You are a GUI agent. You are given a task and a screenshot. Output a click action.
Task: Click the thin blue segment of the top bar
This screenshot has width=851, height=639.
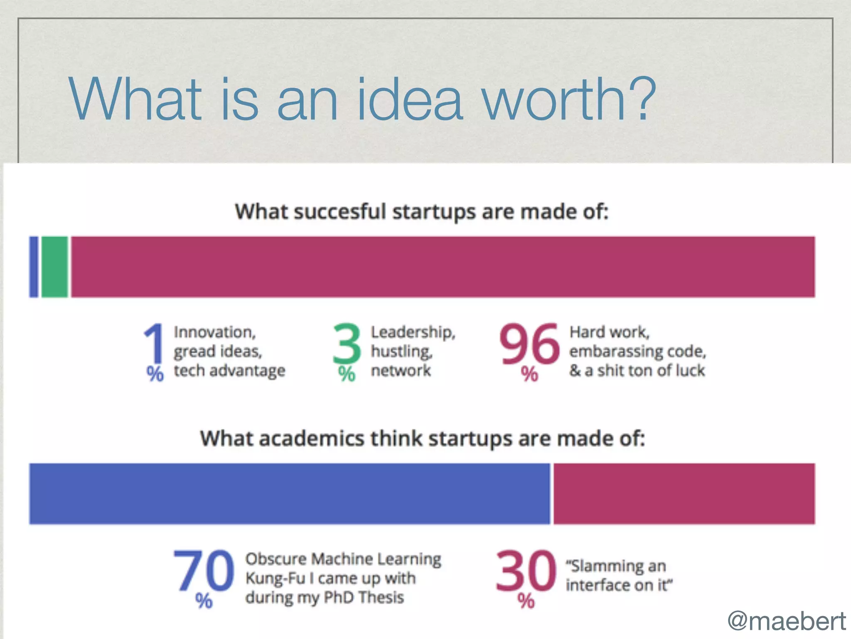coord(34,267)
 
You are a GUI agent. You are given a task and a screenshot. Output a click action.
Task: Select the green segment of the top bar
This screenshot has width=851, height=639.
coord(54,267)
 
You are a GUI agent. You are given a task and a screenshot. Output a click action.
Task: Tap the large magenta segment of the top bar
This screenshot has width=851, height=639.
coord(443,267)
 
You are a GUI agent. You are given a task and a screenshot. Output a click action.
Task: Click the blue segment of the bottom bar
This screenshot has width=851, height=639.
coord(290,493)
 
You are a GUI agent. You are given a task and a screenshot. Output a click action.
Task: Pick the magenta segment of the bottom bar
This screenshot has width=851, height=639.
coord(684,493)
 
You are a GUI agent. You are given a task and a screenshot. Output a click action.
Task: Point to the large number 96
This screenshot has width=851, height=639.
coord(529,344)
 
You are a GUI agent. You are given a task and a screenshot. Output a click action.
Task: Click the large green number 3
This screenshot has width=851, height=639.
coord(347,344)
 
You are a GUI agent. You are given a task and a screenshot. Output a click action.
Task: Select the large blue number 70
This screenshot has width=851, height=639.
coord(204,571)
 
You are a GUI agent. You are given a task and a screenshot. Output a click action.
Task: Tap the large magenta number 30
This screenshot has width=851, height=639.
coord(526,571)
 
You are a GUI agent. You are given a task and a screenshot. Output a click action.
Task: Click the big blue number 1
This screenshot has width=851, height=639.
coord(154,344)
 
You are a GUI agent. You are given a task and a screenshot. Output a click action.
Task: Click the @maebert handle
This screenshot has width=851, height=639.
coord(786,621)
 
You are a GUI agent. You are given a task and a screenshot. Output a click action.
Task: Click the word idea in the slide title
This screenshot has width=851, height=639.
coord(409,100)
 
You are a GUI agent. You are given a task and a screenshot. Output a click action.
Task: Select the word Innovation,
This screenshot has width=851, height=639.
coord(214,332)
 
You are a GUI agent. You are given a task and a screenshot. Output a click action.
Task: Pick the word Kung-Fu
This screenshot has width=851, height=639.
coord(275,578)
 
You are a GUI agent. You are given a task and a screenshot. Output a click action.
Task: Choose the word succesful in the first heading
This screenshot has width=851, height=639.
coord(340,211)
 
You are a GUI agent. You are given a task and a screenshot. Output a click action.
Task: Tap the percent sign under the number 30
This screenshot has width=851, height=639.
coord(526,601)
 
